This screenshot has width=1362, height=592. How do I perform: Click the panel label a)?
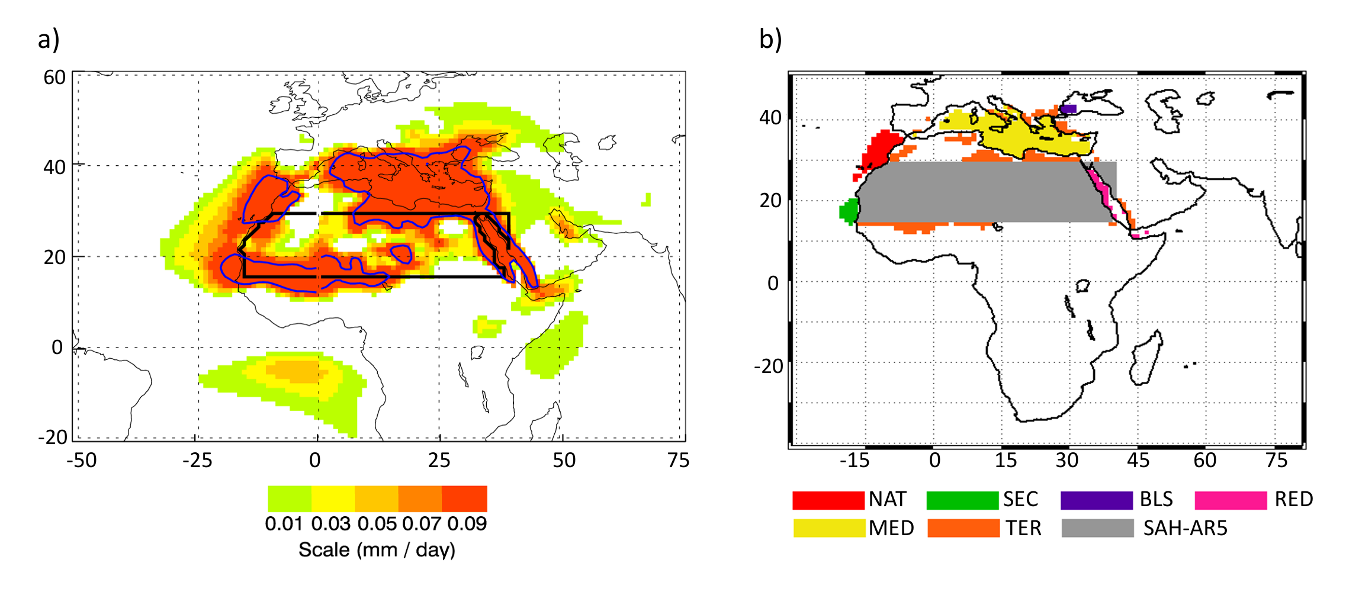coord(49,40)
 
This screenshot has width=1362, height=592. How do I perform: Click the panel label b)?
coord(770,40)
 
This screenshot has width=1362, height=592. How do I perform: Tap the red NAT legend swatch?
coord(828,500)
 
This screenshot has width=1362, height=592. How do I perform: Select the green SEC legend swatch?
coord(962,500)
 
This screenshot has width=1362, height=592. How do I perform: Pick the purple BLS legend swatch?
coord(1097,500)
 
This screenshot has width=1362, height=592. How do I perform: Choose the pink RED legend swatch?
coord(1231,500)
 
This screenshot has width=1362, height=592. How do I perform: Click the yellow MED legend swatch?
coord(829,528)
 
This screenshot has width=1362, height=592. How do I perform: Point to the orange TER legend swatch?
coord(963,528)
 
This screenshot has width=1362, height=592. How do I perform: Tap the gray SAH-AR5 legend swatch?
coord(1098,528)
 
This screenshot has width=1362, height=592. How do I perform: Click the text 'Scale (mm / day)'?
coord(377,550)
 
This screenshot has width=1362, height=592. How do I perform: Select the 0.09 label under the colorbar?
coord(467,524)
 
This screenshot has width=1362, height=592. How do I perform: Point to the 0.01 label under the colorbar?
coord(284,524)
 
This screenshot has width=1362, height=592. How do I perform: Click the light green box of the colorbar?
coord(290,498)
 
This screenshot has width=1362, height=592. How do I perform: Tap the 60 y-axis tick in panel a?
coord(54,78)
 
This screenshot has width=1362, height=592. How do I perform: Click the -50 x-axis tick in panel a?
coord(82,460)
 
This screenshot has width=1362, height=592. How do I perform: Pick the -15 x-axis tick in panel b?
coord(855,460)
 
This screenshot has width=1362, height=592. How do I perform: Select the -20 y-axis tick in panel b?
coord(769,366)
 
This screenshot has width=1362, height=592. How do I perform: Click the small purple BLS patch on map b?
coord(1069,109)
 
